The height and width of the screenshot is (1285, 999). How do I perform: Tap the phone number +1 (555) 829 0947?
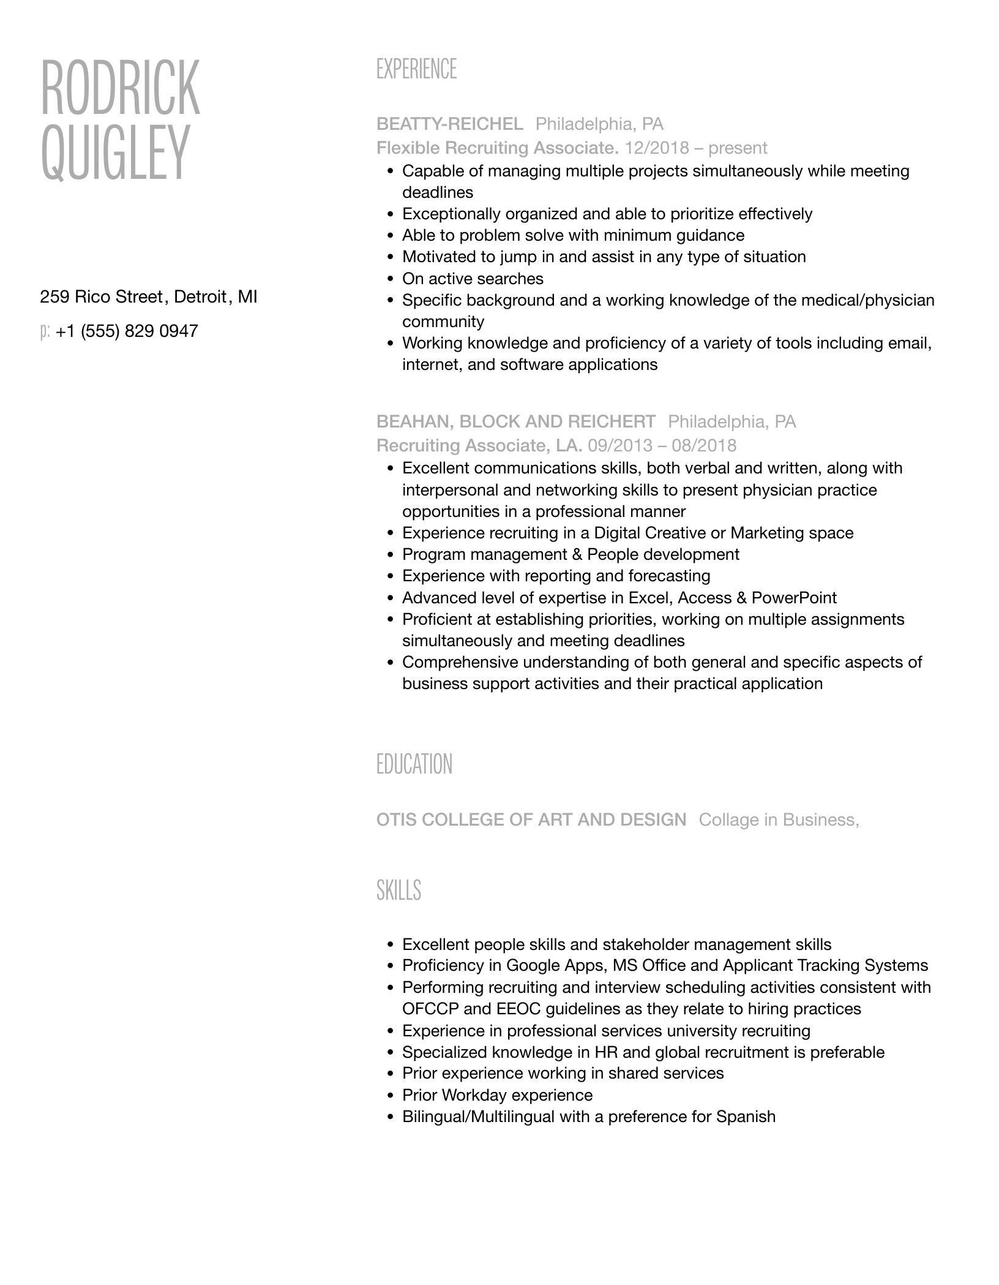pyautogui.click(x=127, y=331)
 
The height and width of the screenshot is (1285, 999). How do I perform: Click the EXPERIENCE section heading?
pyautogui.click(x=416, y=69)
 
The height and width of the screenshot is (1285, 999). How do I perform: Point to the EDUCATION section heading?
pyautogui.click(x=414, y=764)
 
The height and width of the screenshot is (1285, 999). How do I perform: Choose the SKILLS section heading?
pyautogui.click(x=398, y=890)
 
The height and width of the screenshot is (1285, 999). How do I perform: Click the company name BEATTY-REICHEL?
pyautogui.click(x=450, y=124)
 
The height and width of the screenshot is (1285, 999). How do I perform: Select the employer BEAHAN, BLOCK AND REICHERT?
pyautogui.click(x=515, y=421)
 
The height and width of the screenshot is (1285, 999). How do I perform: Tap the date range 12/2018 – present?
pyautogui.click(x=695, y=148)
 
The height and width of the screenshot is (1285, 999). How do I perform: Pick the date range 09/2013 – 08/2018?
pyautogui.click(x=662, y=445)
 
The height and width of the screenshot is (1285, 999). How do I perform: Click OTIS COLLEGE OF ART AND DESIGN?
pyautogui.click(x=531, y=820)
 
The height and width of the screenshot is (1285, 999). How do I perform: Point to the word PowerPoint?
pyautogui.click(x=794, y=598)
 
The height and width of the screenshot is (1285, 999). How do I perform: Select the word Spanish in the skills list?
pyautogui.click(x=746, y=1117)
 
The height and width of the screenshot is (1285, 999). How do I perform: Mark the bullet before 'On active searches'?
pyautogui.click(x=391, y=279)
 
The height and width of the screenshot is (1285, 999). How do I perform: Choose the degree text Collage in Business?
pyautogui.click(x=779, y=820)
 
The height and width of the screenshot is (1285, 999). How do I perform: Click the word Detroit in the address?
pyautogui.click(x=200, y=297)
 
